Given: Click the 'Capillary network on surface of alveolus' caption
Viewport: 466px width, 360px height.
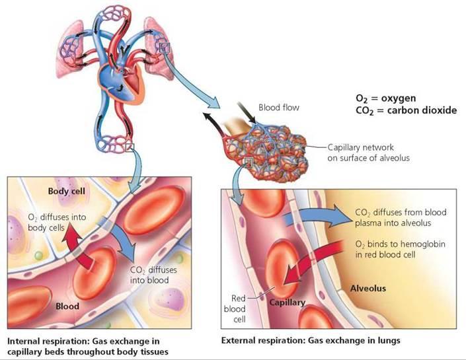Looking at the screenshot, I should coord(369,153).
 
